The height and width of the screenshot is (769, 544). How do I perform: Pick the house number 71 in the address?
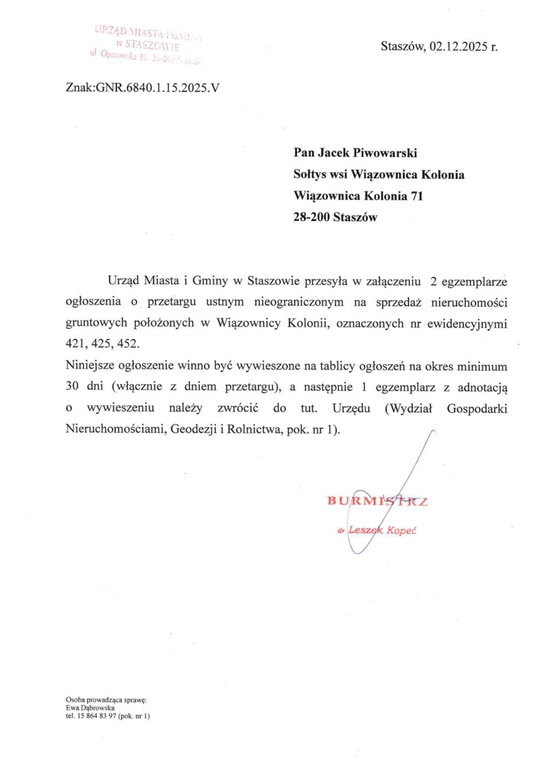point(416,196)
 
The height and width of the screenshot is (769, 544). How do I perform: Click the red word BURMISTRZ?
point(377,501)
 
